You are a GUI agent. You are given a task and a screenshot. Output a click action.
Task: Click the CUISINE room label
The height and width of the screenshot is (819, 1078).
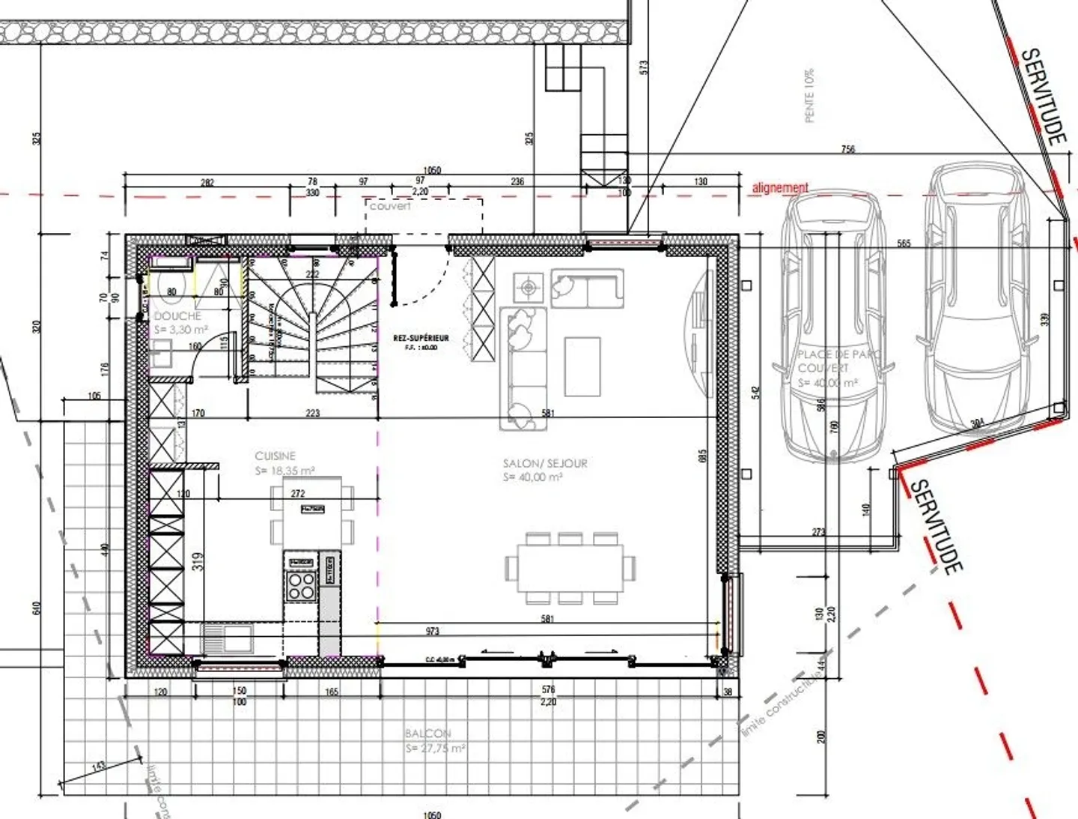pyautogui.click(x=275, y=456)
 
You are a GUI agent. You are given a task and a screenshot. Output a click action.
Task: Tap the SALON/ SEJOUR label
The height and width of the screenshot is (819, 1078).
pyautogui.click(x=545, y=463)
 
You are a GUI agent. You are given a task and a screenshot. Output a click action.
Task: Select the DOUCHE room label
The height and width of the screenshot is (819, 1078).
pyautogui.click(x=177, y=316)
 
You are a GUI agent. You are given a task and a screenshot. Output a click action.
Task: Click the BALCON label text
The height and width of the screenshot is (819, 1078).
pyautogui.click(x=428, y=734)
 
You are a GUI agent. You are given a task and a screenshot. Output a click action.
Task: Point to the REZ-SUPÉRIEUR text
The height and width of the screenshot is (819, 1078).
pyautogui.click(x=421, y=338)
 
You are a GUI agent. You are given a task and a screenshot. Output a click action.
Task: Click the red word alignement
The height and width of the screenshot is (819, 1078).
pyautogui.click(x=780, y=187)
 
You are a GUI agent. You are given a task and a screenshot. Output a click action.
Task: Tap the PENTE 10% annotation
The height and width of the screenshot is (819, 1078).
pyautogui.click(x=808, y=96)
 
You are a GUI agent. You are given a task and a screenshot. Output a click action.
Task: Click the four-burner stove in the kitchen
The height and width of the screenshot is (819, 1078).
pyautogui.click(x=302, y=585)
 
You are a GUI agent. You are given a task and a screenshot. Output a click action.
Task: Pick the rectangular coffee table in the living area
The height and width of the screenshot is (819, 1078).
pyautogui.click(x=582, y=366)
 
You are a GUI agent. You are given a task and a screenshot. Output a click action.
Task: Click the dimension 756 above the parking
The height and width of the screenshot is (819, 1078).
pyautogui.click(x=847, y=149)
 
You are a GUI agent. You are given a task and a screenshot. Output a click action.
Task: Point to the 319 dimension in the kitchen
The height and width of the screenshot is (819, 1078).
pyautogui.click(x=198, y=561)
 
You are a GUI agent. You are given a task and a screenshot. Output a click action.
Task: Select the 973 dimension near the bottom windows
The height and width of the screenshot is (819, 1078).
pyautogui.click(x=432, y=631)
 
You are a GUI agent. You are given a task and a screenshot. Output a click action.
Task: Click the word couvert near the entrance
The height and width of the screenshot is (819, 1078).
pyautogui.click(x=390, y=206)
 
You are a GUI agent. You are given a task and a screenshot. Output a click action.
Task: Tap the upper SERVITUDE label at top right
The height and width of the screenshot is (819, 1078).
pyautogui.click(x=1044, y=96)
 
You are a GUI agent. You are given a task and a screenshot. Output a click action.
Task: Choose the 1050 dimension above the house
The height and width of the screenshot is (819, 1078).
pyautogui.click(x=432, y=170)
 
